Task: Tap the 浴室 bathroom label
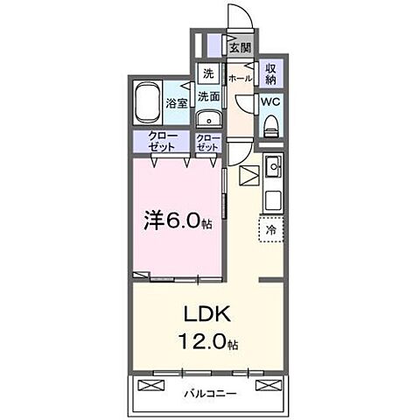[177, 103]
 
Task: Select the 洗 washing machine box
[208, 73]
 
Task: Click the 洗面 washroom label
[208, 96]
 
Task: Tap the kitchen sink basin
[273, 165]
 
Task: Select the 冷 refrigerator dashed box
[270, 227]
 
